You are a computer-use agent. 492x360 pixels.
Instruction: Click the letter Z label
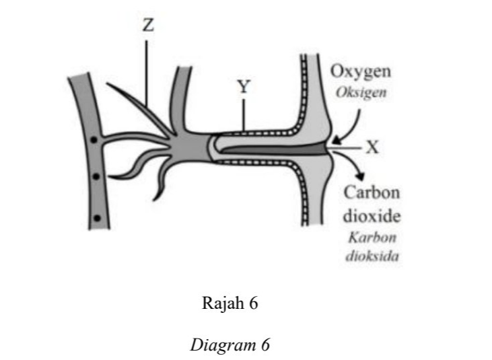(x=148, y=26)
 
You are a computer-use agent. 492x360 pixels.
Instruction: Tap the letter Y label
(x=244, y=87)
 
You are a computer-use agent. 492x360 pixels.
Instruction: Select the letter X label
(x=372, y=147)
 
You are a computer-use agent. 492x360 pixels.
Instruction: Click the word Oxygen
(x=361, y=72)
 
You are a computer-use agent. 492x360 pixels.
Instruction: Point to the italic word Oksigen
(x=361, y=92)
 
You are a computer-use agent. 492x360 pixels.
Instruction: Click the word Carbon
(x=372, y=192)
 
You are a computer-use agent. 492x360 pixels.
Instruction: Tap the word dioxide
(x=372, y=216)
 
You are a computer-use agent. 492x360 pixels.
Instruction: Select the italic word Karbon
(x=372, y=238)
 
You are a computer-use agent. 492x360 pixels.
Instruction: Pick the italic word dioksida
(x=372, y=256)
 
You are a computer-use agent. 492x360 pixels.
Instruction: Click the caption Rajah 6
(x=230, y=303)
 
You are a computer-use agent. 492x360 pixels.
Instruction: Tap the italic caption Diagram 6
(x=230, y=345)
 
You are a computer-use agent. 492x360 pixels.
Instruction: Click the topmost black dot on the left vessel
(x=94, y=140)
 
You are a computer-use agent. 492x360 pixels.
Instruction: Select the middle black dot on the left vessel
(x=96, y=176)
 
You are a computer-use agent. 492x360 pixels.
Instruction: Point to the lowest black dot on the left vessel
(x=98, y=217)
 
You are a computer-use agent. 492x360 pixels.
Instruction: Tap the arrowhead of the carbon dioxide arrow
(x=361, y=176)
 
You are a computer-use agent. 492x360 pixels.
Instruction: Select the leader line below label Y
(x=244, y=115)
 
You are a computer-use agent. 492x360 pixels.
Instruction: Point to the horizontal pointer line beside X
(x=345, y=147)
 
